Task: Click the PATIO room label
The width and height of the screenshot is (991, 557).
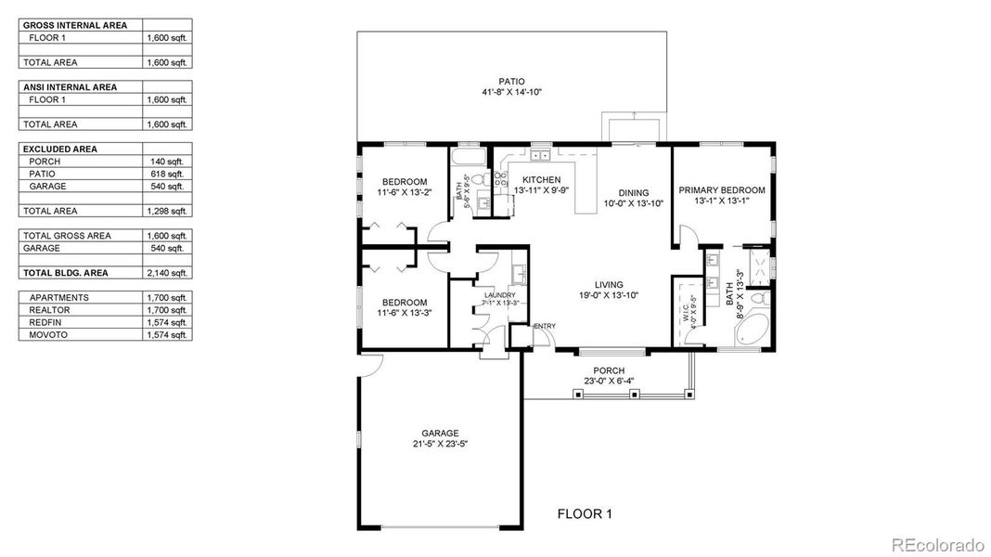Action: [x=512, y=82]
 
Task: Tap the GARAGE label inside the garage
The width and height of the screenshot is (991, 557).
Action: [x=440, y=433]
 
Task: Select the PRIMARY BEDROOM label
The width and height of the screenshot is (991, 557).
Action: [x=722, y=190]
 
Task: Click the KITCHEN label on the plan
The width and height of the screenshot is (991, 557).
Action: [x=541, y=179]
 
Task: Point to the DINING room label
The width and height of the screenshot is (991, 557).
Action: [x=634, y=192]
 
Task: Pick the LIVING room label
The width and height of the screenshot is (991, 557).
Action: [x=609, y=285]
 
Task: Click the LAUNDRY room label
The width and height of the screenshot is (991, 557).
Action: [x=500, y=295]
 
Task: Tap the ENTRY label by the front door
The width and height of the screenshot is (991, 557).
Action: [x=545, y=326]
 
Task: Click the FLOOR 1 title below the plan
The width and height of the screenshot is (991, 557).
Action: [x=585, y=513]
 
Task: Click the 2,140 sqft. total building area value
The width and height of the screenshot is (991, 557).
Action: [x=167, y=273]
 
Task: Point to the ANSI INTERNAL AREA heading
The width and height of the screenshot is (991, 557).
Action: [x=70, y=87]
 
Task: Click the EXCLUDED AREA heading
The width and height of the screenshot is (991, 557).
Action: [x=59, y=149]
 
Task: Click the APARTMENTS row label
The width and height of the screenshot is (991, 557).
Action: [x=58, y=297]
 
